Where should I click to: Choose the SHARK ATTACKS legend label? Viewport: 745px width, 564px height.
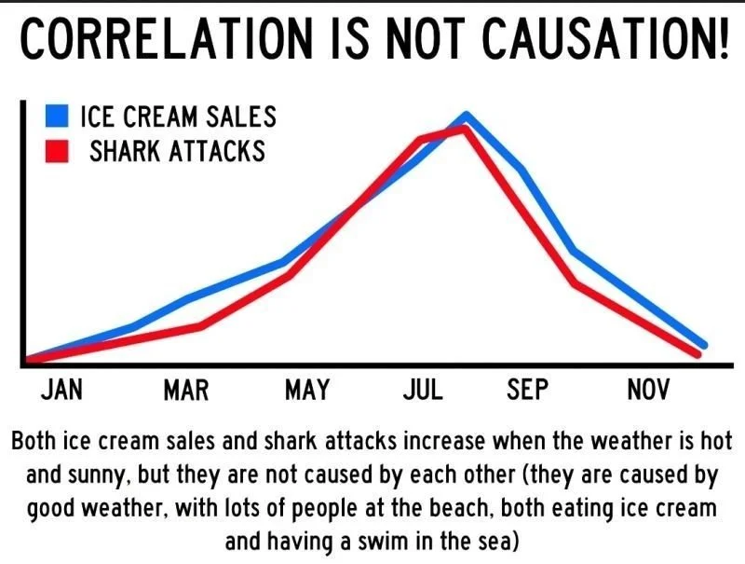177,151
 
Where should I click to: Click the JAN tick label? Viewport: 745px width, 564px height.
62,390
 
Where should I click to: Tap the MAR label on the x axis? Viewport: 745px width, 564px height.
186,390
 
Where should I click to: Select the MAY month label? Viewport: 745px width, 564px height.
307,390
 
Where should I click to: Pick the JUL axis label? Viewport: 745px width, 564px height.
423,390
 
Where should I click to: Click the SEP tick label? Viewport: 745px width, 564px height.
528,390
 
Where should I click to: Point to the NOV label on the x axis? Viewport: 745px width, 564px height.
648,390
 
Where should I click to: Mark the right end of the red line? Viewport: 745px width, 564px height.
697,354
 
